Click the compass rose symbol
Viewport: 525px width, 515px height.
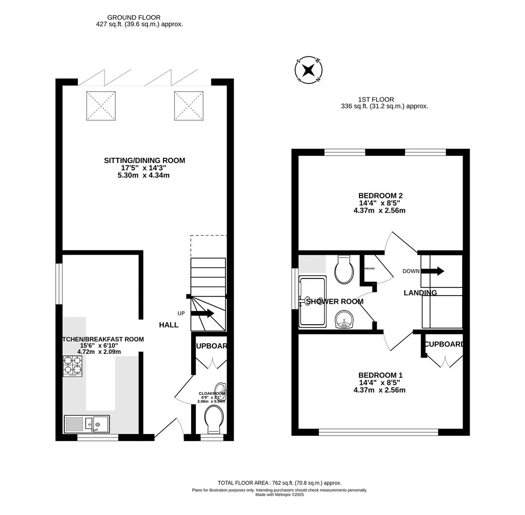[x=309, y=71]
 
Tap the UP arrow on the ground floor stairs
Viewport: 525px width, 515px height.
[x=202, y=313]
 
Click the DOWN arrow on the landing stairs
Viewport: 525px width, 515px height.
[x=432, y=271]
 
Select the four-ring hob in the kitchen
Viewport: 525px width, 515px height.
[x=72, y=366]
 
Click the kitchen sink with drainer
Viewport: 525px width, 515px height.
[x=87, y=423]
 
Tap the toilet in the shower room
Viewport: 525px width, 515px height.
[x=344, y=270]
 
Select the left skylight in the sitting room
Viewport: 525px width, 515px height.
[x=101, y=106]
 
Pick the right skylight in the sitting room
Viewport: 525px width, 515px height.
[x=189, y=106]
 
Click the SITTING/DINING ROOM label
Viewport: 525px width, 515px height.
[x=144, y=161]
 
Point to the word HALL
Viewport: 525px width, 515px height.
[x=169, y=325]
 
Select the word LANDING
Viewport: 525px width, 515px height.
[x=420, y=293]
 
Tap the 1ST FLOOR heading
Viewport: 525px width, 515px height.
[x=376, y=99]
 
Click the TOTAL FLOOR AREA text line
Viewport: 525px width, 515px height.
[x=279, y=483]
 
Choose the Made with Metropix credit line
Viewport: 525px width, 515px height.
[x=279, y=494]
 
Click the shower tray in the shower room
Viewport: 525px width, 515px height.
[x=312, y=302]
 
